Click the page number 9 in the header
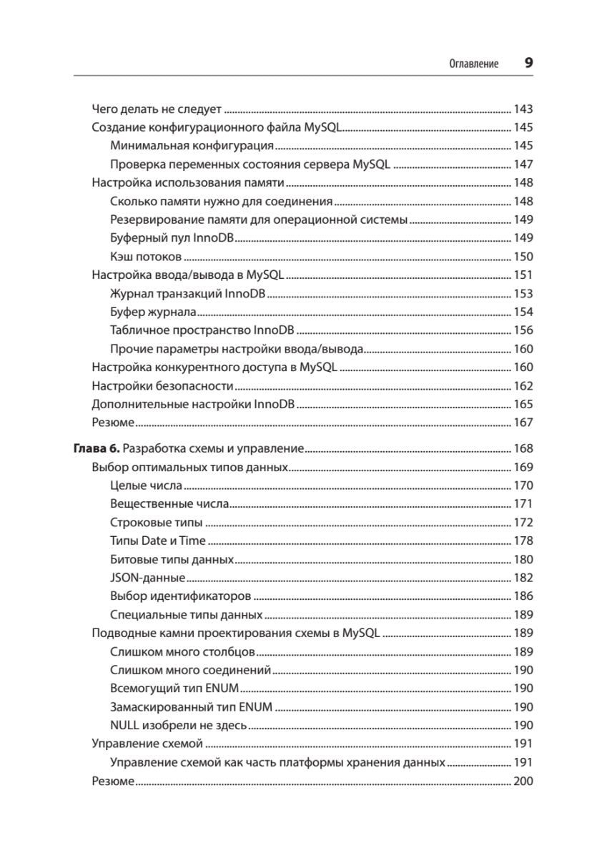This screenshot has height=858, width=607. [528, 63]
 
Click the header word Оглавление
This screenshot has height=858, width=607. [473, 64]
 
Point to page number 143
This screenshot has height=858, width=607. [523, 110]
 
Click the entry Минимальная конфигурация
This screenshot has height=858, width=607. [192, 146]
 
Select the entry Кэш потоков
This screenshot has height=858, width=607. [146, 257]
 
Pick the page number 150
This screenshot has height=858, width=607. [523, 257]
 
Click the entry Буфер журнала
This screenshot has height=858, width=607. [153, 312]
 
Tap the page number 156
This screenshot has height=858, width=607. [523, 330]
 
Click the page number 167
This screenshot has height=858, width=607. [523, 423]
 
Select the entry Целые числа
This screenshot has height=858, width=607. [146, 486]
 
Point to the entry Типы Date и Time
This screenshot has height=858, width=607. [158, 541]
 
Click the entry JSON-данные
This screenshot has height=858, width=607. [148, 578]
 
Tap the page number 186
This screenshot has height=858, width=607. [523, 596]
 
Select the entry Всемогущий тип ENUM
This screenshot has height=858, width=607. [175, 689]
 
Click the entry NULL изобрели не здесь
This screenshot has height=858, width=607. [179, 725]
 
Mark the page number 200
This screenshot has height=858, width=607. [523, 781]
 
